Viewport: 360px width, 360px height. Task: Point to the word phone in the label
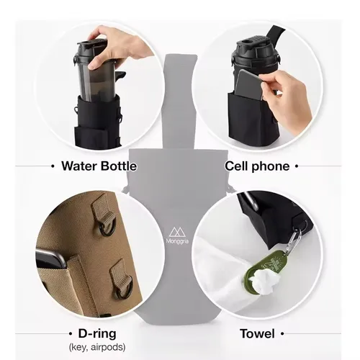tap(271, 166)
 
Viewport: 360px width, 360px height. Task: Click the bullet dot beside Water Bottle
tap(53, 166)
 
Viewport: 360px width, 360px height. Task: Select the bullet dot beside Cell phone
tap(297, 166)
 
